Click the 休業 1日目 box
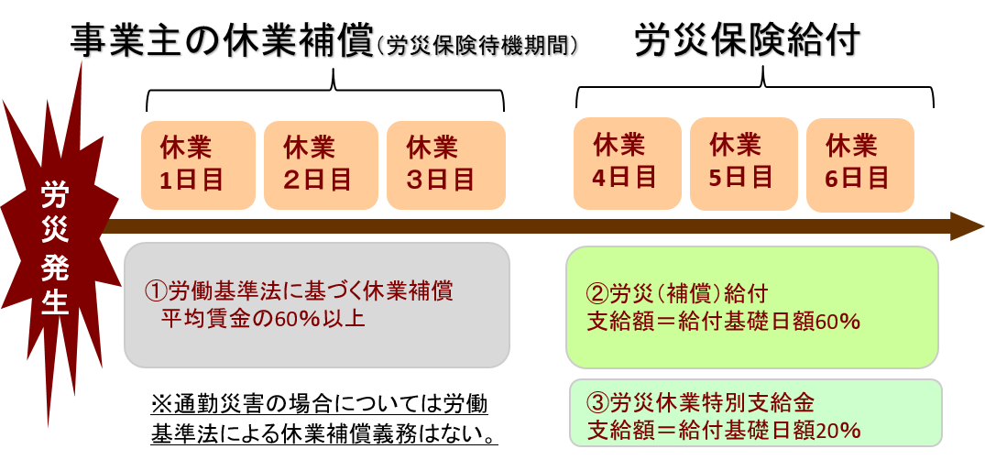[x=198, y=164]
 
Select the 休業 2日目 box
[x=321, y=164]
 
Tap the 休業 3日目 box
[x=445, y=164]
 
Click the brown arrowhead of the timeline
[x=967, y=226]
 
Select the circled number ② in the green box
[x=596, y=294]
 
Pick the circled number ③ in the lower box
[x=596, y=402]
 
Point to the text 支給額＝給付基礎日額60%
[x=722, y=322]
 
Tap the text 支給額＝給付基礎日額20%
[x=722, y=429]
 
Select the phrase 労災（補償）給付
[x=688, y=294]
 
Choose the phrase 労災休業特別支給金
[x=711, y=402]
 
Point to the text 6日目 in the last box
[x=858, y=177]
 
